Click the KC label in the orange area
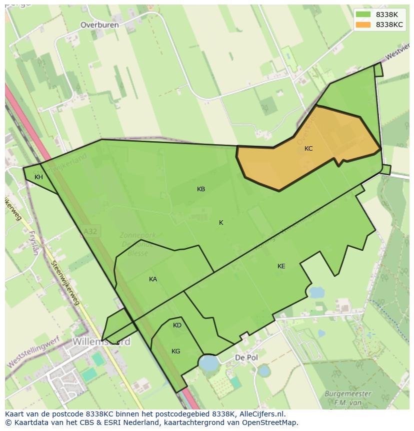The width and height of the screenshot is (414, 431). coord(308,149)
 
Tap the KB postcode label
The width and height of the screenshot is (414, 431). coord(201,189)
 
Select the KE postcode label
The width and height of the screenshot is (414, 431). coord(281,266)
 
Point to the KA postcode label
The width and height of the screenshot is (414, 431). coord(153,279)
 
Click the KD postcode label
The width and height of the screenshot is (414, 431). coord(177,325)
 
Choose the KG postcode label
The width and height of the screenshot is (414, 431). coord(175,351)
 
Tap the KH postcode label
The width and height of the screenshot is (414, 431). coord(38,177)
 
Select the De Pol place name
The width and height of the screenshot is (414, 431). coord(246,358)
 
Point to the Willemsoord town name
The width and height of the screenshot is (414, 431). coord(101,342)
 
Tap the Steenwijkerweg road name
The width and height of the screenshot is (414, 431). coord(66,283)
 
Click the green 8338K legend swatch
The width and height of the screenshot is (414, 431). coord(363,15)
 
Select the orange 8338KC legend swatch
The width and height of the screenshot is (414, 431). coord(363,25)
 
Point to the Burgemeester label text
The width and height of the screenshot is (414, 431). coord(348,393)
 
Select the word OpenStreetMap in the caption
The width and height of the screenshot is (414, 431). coord(269,422)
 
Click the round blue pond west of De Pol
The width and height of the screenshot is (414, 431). coord(208,362)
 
